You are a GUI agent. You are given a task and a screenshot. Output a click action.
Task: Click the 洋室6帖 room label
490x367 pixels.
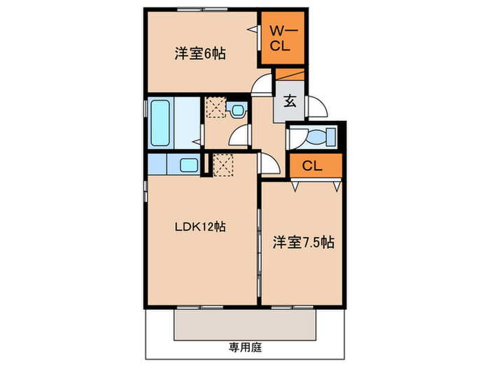[199, 53]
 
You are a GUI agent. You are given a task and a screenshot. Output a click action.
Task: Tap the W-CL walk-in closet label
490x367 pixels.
[283, 38]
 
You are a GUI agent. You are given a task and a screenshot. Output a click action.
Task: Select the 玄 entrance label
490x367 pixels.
[290, 100]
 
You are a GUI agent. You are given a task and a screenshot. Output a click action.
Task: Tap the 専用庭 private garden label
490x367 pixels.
[244, 346]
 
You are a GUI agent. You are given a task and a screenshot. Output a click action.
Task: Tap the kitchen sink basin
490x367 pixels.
[188, 166]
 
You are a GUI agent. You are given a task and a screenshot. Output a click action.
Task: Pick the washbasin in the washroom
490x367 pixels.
[239, 110]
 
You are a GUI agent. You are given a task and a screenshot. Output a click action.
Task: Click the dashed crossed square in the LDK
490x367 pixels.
[223, 166]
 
